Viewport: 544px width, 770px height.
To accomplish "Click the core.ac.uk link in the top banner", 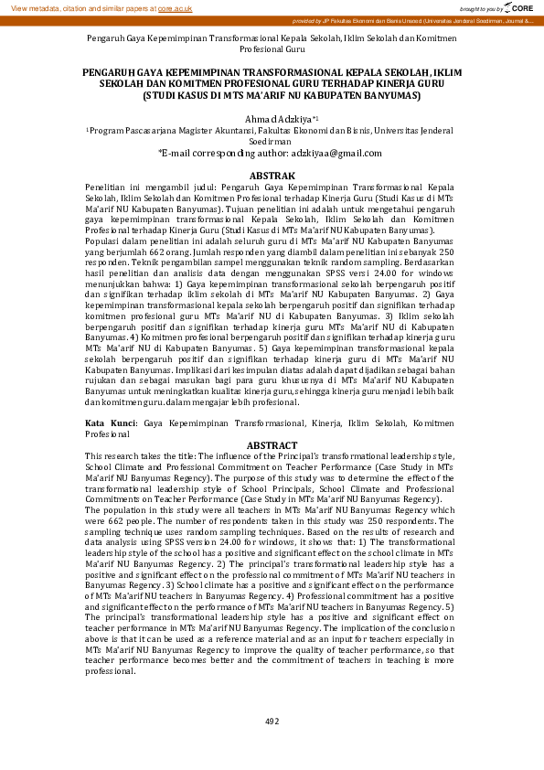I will click(175, 7).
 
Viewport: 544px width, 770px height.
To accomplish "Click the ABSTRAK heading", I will click(272, 175).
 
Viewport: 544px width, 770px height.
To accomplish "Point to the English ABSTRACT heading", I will click(272, 445).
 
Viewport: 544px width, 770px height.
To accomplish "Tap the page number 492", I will click(272, 721).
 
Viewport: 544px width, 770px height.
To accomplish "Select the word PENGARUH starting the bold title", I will click(113, 70).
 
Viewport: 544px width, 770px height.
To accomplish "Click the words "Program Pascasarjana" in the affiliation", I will click(136, 131).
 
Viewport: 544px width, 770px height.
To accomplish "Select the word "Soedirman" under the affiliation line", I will click(272, 142).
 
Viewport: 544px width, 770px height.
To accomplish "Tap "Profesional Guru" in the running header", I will click(272, 50).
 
